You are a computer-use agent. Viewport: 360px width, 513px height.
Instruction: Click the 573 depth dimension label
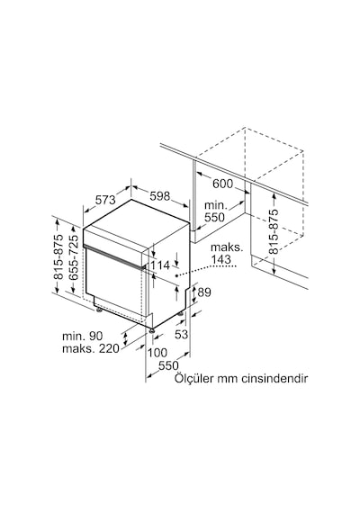pos(105,200)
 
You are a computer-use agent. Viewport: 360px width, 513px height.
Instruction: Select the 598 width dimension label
pos(160,196)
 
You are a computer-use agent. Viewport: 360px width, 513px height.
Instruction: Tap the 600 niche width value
pos(222,184)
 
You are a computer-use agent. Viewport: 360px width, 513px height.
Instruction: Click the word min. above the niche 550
pos(215,206)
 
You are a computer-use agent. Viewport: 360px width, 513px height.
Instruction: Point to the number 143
pos(220,259)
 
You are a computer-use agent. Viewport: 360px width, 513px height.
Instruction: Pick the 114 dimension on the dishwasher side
pos(160,265)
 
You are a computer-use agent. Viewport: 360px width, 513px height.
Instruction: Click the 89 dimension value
pos(204,292)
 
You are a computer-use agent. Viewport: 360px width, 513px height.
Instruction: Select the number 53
pos(181,335)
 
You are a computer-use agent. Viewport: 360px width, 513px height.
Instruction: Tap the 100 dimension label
pos(157,353)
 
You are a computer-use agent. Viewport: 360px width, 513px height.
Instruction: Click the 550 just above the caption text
pos(169,365)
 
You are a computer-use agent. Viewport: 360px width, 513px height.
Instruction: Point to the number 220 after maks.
pos(109,349)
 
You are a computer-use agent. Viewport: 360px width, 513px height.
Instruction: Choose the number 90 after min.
pos(96,336)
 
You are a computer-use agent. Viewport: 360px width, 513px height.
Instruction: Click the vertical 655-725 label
pos(74,257)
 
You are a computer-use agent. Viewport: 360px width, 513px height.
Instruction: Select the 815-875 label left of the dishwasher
pos(58,257)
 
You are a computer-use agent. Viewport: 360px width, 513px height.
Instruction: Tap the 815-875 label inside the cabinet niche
pos(274,231)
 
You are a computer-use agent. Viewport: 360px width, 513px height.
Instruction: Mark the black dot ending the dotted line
pos(176,275)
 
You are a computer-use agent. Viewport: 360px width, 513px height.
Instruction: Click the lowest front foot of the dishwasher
pos(151,331)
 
